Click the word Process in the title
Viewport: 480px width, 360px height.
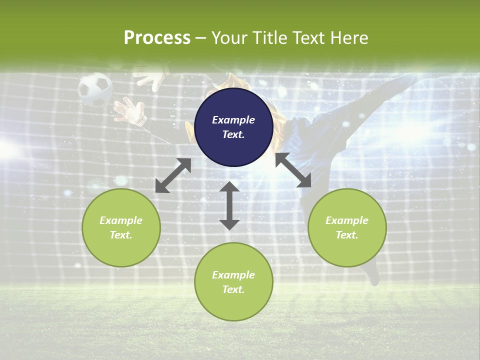point(157,37)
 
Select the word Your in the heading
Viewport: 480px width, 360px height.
point(229,38)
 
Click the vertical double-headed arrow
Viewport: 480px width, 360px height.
point(229,205)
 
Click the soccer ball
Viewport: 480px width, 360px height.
point(94,89)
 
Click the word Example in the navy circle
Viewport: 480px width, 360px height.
point(233,120)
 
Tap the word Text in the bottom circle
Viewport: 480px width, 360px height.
point(233,289)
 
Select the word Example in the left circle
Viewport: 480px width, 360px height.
point(121,220)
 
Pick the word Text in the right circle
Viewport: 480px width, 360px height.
point(346,235)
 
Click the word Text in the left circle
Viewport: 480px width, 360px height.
point(120,235)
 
